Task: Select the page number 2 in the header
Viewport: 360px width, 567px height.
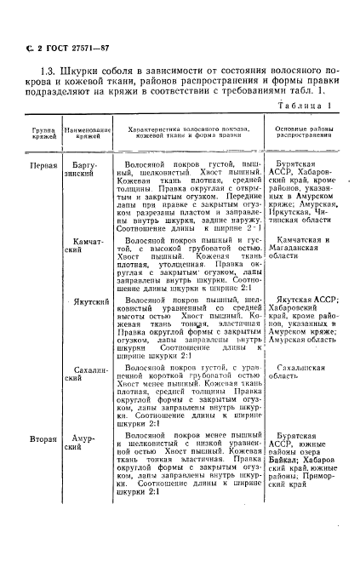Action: (x=40, y=48)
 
